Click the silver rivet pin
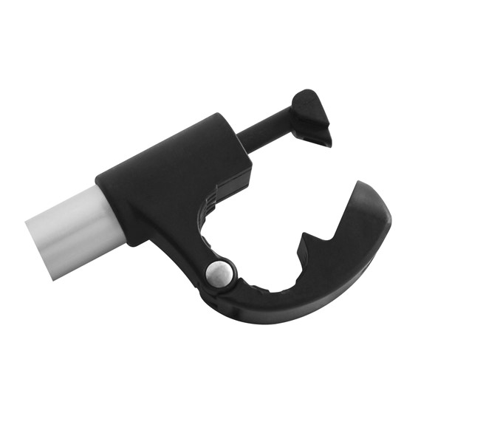point(219,274)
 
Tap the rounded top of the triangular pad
point(304,97)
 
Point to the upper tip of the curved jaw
point(359,184)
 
